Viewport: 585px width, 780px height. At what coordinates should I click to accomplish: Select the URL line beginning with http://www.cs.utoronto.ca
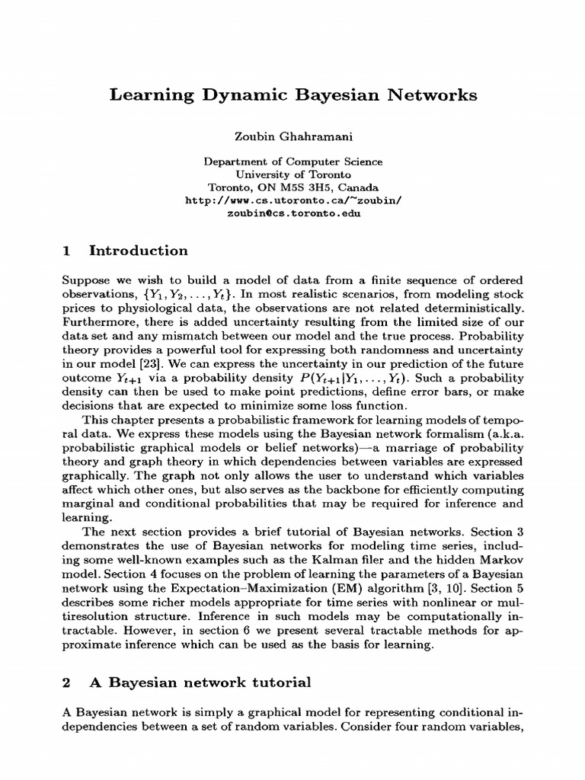tap(292, 201)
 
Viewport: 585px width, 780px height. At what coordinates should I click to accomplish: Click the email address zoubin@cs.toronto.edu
tap(292, 214)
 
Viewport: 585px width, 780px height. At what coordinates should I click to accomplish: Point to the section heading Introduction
tap(138, 251)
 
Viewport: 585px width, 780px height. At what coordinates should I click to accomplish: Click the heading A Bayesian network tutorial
tap(200, 682)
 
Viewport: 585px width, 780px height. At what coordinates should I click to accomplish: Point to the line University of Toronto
tap(292, 174)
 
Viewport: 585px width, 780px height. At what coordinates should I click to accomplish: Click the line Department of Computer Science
tap(292, 161)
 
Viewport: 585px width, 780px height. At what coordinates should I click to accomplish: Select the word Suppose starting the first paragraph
tap(84, 281)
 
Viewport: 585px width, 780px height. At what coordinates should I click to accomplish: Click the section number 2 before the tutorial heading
tap(66, 682)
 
